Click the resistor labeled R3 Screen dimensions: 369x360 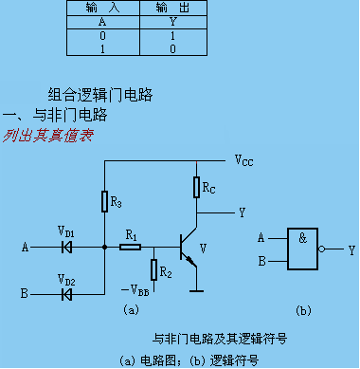coord(104,202)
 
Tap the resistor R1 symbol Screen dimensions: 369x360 coord(132,248)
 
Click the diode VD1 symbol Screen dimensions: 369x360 coord(66,248)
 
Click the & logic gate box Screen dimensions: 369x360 coord(301,249)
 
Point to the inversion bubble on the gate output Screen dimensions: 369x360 coord(322,249)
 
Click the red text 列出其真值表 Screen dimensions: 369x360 coord(47,135)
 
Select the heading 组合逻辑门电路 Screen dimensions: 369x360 coord(100,95)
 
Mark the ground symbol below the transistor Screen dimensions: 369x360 coord(195,289)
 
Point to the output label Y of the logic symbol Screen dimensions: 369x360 coord(351,249)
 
